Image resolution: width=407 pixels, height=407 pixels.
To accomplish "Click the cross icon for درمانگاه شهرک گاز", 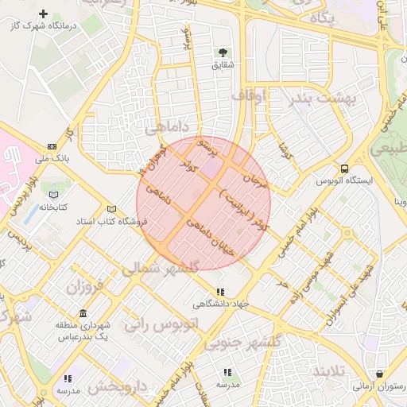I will click(x=43, y=14).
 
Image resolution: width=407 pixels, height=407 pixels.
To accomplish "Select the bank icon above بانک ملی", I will click(x=52, y=146).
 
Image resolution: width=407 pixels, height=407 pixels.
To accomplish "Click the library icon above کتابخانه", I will click(x=53, y=195).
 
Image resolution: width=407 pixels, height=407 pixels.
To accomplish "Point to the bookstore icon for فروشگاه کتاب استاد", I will click(x=111, y=208).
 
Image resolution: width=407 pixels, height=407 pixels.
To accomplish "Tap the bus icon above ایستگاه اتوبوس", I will click(x=344, y=169).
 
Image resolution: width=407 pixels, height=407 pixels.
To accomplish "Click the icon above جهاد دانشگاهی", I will click(x=220, y=292).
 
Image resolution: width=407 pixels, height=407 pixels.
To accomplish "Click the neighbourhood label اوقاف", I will click(x=247, y=97).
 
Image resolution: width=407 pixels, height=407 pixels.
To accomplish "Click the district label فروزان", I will click(x=85, y=285).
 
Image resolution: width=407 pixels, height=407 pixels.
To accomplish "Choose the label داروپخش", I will click(x=118, y=387).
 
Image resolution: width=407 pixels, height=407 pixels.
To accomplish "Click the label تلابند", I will click(x=329, y=370).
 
